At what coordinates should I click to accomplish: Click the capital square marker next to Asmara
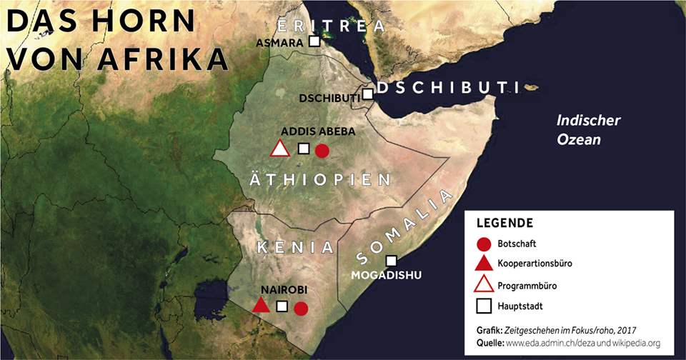pyautogui.click(x=314, y=42)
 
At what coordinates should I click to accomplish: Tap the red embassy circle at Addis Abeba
pyautogui.click(x=322, y=150)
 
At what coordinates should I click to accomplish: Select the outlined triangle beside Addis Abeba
pyautogui.click(x=279, y=149)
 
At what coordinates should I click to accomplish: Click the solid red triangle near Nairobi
pyautogui.click(x=262, y=306)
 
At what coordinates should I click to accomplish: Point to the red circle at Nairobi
pyautogui.click(x=301, y=309)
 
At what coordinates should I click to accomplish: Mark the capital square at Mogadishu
pyautogui.click(x=391, y=261)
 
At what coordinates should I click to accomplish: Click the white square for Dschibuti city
pyautogui.click(x=367, y=94)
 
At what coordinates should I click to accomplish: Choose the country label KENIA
pyautogui.click(x=295, y=248)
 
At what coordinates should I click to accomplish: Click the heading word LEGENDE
pyautogui.click(x=505, y=222)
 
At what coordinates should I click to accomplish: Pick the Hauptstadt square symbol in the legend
pyautogui.click(x=484, y=306)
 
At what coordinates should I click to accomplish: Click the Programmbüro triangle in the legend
pyautogui.click(x=484, y=284)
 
